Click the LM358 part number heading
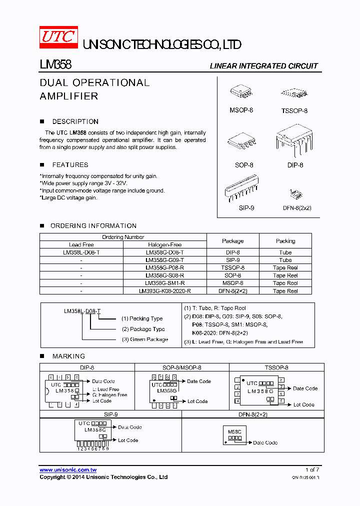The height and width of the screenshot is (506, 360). tap(55, 65)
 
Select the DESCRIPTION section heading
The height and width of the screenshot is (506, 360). tap(75, 121)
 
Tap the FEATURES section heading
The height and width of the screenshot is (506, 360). tap(70, 164)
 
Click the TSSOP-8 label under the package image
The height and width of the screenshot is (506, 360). tap(294, 110)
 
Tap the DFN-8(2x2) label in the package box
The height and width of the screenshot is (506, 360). tap(296, 207)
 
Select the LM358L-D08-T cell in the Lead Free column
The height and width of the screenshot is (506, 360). tap(81, 252)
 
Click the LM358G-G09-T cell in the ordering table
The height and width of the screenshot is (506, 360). tap(164, 260)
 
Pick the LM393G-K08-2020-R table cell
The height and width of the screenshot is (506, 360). tap(164, 290)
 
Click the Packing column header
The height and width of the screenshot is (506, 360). tap(285, 241)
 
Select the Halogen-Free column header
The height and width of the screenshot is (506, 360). tap(164, 245)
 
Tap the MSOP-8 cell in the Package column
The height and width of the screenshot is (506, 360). tap(232, 283)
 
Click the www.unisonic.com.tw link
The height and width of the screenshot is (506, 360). tap(68, 470)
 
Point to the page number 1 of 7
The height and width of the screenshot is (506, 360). tap(311, 469)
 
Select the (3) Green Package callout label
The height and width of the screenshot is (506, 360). tap(144, 339)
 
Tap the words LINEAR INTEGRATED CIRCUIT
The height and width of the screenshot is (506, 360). tap(263, 66)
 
